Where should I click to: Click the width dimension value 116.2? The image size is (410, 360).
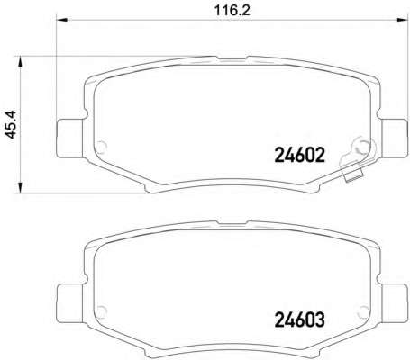click(232, 11)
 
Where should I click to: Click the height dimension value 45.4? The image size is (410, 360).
click(11, 124)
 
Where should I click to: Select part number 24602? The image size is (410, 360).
click(300, 156)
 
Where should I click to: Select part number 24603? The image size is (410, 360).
click(300, 319)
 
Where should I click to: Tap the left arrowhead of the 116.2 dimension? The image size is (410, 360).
click(62, 20)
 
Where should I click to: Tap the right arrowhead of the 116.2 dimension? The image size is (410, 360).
click(401, 20)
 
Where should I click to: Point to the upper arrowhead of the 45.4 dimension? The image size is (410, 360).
click(20, 62)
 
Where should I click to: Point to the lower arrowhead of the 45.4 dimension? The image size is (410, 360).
click(20, 187)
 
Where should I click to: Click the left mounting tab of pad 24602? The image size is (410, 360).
click(69, 138)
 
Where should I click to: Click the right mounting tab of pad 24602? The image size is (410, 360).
click(393, 138)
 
